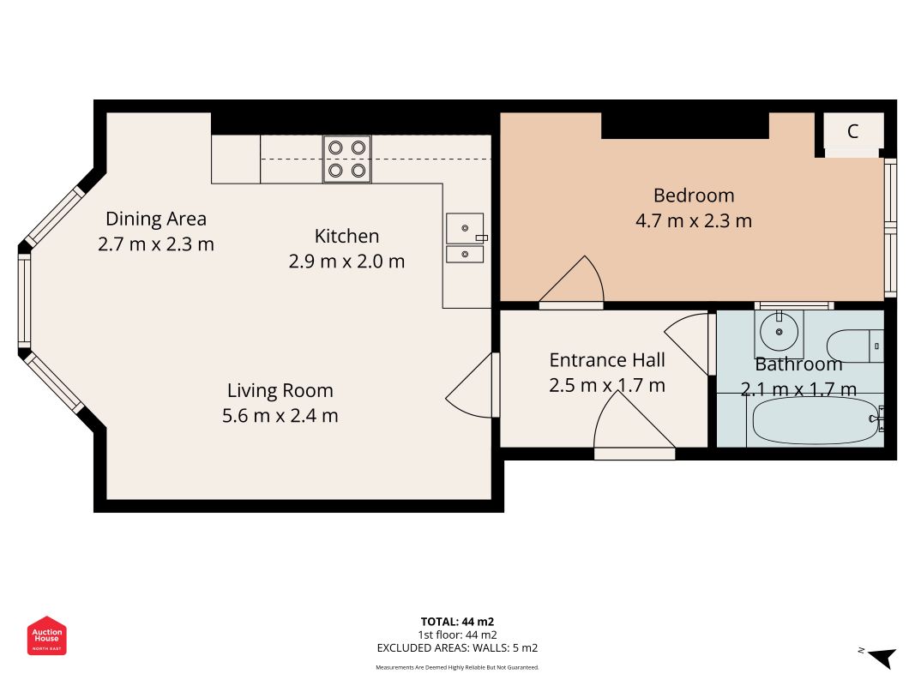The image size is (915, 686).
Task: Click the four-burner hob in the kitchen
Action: (x=347, y=159)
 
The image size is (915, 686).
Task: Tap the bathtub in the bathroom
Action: (x=816, y=420)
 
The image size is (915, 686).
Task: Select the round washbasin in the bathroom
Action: (x=779, y=331)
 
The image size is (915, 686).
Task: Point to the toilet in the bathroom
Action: (x=856, y=346)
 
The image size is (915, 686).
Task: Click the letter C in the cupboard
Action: (x=852, y=131)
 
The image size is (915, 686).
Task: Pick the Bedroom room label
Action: (x=693, y=196)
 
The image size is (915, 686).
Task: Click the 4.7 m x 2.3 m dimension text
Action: (x=693, y=221)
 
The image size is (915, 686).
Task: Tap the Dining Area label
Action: (x=156, y=219)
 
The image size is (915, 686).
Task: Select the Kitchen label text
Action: (x=346, y=237)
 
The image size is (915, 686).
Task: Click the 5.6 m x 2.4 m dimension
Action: (x=280, y=416)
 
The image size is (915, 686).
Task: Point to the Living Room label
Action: (x=280, y=390)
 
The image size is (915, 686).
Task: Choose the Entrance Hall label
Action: (x=607, y=360)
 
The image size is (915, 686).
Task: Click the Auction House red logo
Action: (x=46, y=635)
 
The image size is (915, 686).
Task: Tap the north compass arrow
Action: (x=882, y=657)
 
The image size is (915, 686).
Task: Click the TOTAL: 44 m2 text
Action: (x=458, y=622)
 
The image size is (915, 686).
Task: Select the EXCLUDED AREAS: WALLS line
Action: (x=458, y=648)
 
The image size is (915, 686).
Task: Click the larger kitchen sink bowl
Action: (x=465, y=228)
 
